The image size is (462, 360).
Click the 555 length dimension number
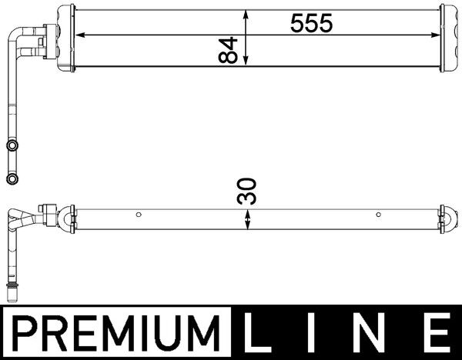click(x=311, y=24)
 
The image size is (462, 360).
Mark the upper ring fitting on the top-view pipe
click(x=12, y=145)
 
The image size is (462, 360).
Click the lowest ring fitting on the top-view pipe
click(x=12, y=178)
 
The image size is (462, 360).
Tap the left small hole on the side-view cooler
click(x=138, y=215)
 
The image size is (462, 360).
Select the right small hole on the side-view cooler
click(x=378, y=215)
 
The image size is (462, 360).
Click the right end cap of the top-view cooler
click(x=446, y=38)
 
